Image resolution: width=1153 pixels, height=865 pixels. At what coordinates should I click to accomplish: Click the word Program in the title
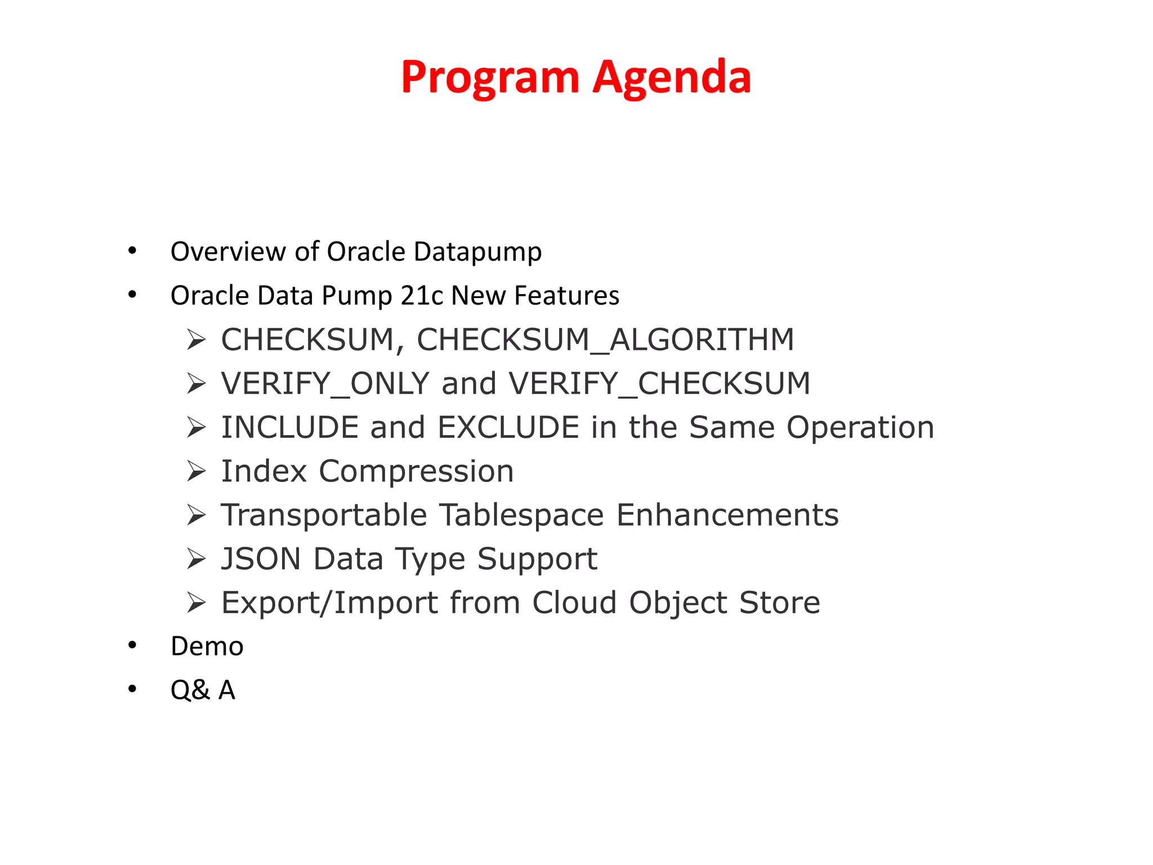(x=490, y=78)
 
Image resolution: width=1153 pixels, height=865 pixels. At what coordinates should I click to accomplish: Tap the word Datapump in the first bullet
(x=477, y=252)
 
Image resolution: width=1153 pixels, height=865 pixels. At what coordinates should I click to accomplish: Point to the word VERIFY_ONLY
(x=325, y=384)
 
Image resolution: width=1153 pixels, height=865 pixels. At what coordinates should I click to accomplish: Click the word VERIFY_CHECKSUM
(x=659, y=384)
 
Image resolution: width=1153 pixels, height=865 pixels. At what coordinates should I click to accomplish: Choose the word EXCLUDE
(x=508, y=427)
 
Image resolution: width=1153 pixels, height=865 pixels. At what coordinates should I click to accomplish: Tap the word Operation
(x=860, y=427)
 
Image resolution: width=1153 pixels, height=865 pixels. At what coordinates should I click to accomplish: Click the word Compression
(x=416, y=471)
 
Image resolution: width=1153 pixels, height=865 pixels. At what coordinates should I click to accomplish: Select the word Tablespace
(x=521, y=515)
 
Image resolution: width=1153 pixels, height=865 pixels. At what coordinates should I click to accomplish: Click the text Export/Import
(x=329, y=603)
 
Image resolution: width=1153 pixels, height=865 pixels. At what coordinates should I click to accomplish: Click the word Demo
(x=207, y=646)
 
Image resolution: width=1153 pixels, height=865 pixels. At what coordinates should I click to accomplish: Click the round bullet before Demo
(x=132, y=645)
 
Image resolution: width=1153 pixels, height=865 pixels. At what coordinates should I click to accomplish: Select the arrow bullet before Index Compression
(x=196, y=471)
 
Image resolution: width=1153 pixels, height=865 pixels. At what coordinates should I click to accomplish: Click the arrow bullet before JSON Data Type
(x=196, y=559)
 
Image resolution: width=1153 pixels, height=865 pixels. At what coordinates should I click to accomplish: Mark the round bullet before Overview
(x=132, y=251)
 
